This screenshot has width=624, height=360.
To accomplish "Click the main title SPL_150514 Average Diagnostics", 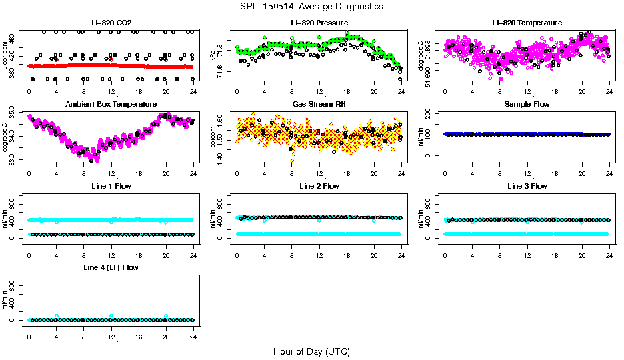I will pos(312,6).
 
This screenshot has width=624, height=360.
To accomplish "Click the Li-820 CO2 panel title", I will pos(110,23).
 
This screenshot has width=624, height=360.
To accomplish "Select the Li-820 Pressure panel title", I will pos(319,23).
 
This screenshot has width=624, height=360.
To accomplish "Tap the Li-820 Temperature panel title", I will pos(527,23).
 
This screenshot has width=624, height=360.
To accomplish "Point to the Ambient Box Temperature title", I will pos(110,105).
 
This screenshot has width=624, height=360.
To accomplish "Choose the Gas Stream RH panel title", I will pos(319,105).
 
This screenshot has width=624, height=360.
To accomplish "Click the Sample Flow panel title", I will pos(527,105).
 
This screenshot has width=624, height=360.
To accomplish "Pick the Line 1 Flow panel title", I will pos(110,186).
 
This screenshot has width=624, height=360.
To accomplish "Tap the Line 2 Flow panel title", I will pos(319,186).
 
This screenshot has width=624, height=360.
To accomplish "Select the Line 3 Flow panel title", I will pos(527,186).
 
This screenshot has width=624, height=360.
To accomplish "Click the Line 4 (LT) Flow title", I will pos(110,267).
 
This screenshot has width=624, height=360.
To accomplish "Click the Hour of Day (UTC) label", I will pos(311,351).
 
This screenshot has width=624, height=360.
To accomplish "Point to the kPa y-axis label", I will pos(213,54).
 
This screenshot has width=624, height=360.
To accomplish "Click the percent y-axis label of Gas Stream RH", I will pos(213,136).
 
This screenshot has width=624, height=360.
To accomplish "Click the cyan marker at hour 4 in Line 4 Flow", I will pos(57,315).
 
